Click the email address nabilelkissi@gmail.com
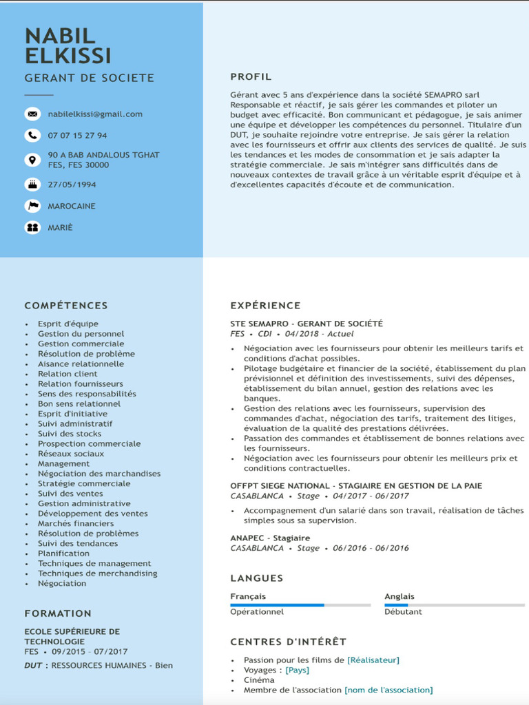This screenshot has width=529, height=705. click(x=95, y=114)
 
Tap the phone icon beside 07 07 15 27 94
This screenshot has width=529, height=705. click(x=32, y=135)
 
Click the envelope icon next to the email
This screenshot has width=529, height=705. click(x=32, y=114)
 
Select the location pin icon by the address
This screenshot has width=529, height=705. click(x=32, y=160)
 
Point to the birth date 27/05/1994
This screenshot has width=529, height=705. click(x=72, y=185)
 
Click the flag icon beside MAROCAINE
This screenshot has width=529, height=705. click(x=32, y=206)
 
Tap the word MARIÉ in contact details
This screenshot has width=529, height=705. click(x=60, y=227)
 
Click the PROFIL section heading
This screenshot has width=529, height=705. click(x=251, y=77)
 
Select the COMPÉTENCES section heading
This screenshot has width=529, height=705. click(x=66, y=306)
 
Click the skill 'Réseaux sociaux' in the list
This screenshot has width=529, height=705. click(x=71, y=454)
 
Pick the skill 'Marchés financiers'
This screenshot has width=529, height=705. click(x=76, y=523)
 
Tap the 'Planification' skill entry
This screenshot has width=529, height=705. click(x=63, y=553)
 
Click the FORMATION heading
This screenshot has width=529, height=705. click(x=58, y=613)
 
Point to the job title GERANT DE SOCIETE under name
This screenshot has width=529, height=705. click(x=90, y=78)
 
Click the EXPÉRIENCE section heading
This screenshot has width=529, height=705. click(x=265, y=306)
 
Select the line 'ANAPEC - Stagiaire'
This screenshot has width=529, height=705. click(x=270, y=538)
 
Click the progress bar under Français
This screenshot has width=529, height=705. click(x=300, y=605)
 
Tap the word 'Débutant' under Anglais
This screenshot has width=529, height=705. click(x=403, y=611)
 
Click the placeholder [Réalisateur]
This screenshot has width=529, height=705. click(x=373, y=660)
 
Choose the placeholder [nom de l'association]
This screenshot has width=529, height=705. click(x=388, y=690)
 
